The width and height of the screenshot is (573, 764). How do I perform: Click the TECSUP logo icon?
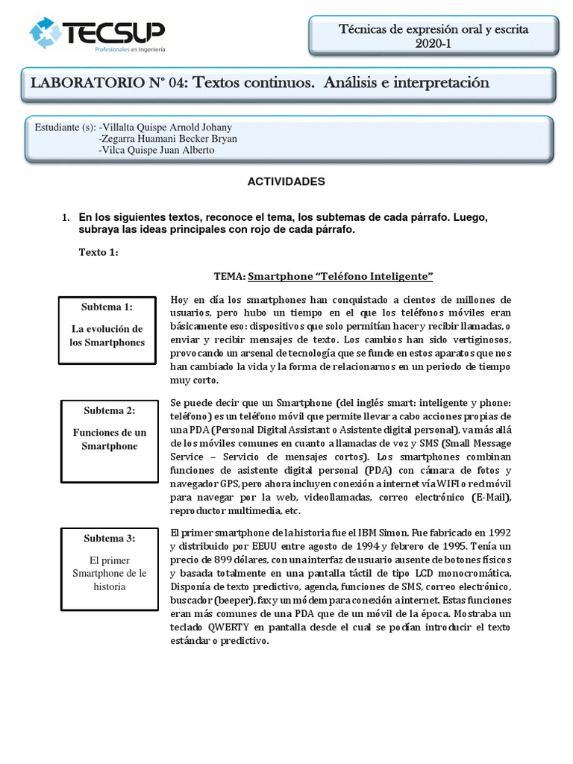pyautogui.click(x=46, y=34)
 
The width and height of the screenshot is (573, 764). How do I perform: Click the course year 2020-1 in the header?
pyautogui.click(x=433, y=43)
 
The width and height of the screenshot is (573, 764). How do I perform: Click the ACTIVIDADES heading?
pyautogui.click(x=286, y=181)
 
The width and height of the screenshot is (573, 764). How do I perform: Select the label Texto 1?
pyautogui.click(x=98, y=252)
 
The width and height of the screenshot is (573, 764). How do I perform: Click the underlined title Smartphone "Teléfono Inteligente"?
pyautogui.click(x=341, y=276)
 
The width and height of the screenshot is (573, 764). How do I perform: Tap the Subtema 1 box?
pyautogui.click(x=107, y=329)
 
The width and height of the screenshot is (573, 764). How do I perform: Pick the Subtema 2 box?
pyautogui.click(x=110, y=440)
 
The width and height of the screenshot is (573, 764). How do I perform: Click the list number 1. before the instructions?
pyautogui.click(x=65, y=218)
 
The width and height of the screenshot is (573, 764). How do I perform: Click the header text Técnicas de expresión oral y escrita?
pyautogui.click(x=433, y=30)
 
